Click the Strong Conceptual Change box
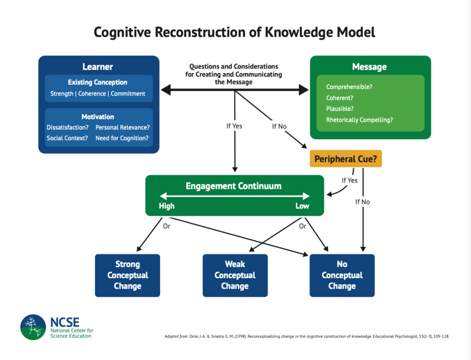128,275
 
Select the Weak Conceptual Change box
235,275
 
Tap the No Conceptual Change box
342,275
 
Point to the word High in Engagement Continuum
167,206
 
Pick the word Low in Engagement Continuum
302,206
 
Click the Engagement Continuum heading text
234,186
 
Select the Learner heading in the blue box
98,67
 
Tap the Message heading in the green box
369,67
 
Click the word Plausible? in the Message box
340,109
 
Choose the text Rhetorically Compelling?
359,120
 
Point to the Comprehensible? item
349,87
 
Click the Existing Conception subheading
98,82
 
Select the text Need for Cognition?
122,138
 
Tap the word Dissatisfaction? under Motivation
68,128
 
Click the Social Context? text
67,138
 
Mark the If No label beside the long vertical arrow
362,202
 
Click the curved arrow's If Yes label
350,180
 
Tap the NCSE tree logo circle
34,327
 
